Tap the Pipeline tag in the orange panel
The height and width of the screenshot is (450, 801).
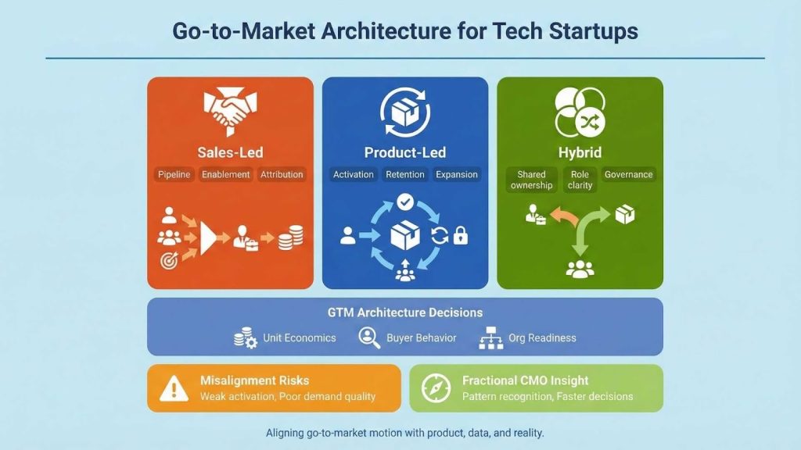[174, 174]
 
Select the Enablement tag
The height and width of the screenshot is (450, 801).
[225, 174]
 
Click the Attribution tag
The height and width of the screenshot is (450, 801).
[282, 174]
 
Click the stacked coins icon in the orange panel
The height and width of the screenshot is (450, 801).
[291, 237]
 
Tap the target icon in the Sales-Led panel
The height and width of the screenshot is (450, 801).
[169, 261]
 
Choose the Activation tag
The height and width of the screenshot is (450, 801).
[354, 174]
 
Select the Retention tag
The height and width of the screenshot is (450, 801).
[405, 174]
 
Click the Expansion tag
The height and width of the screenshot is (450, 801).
[457, 174]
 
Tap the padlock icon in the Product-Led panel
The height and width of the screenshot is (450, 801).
[461, 235]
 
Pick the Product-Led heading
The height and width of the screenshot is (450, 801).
[404, 152]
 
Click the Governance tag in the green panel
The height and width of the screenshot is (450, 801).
[628, 174]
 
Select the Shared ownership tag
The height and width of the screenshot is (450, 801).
[532, 180]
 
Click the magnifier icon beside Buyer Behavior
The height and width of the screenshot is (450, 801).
[368, 337]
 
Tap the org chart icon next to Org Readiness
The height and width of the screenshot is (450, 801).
[489, 338]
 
